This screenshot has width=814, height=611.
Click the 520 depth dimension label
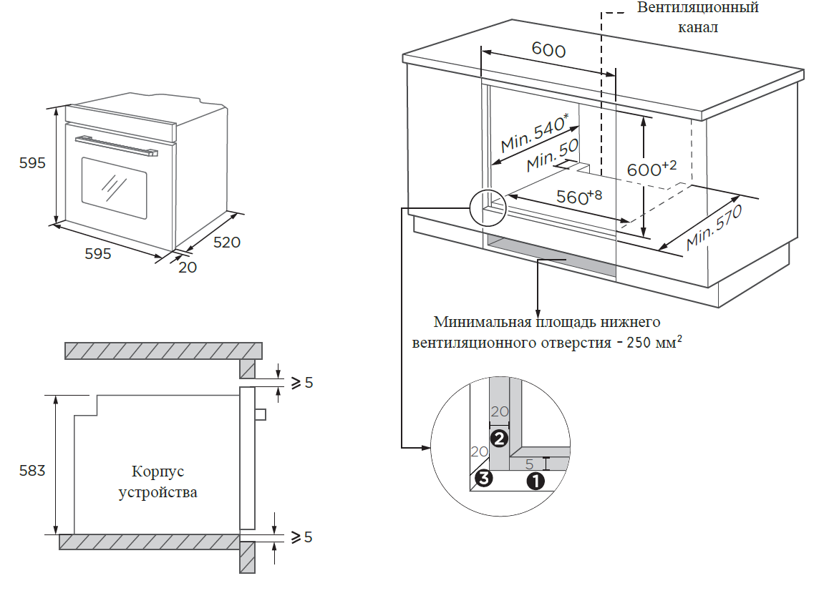point(227,243)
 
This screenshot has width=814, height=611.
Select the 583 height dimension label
point(32,471)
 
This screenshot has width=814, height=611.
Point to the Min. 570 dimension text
point(713,228)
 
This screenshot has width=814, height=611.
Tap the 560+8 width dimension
point(579,196)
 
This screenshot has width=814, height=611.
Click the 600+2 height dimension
point(651,170)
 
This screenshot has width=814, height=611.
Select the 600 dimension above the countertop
point(548,49)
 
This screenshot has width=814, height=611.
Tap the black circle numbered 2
point(499,436)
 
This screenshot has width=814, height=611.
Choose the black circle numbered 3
point(484,479)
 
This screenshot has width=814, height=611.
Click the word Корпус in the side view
point(158,472)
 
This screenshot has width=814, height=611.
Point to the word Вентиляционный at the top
point(697,9)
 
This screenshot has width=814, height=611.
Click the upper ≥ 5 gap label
point(301,383)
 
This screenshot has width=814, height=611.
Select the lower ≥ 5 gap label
point(301,537)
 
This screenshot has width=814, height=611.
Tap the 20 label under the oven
point(187,267)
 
